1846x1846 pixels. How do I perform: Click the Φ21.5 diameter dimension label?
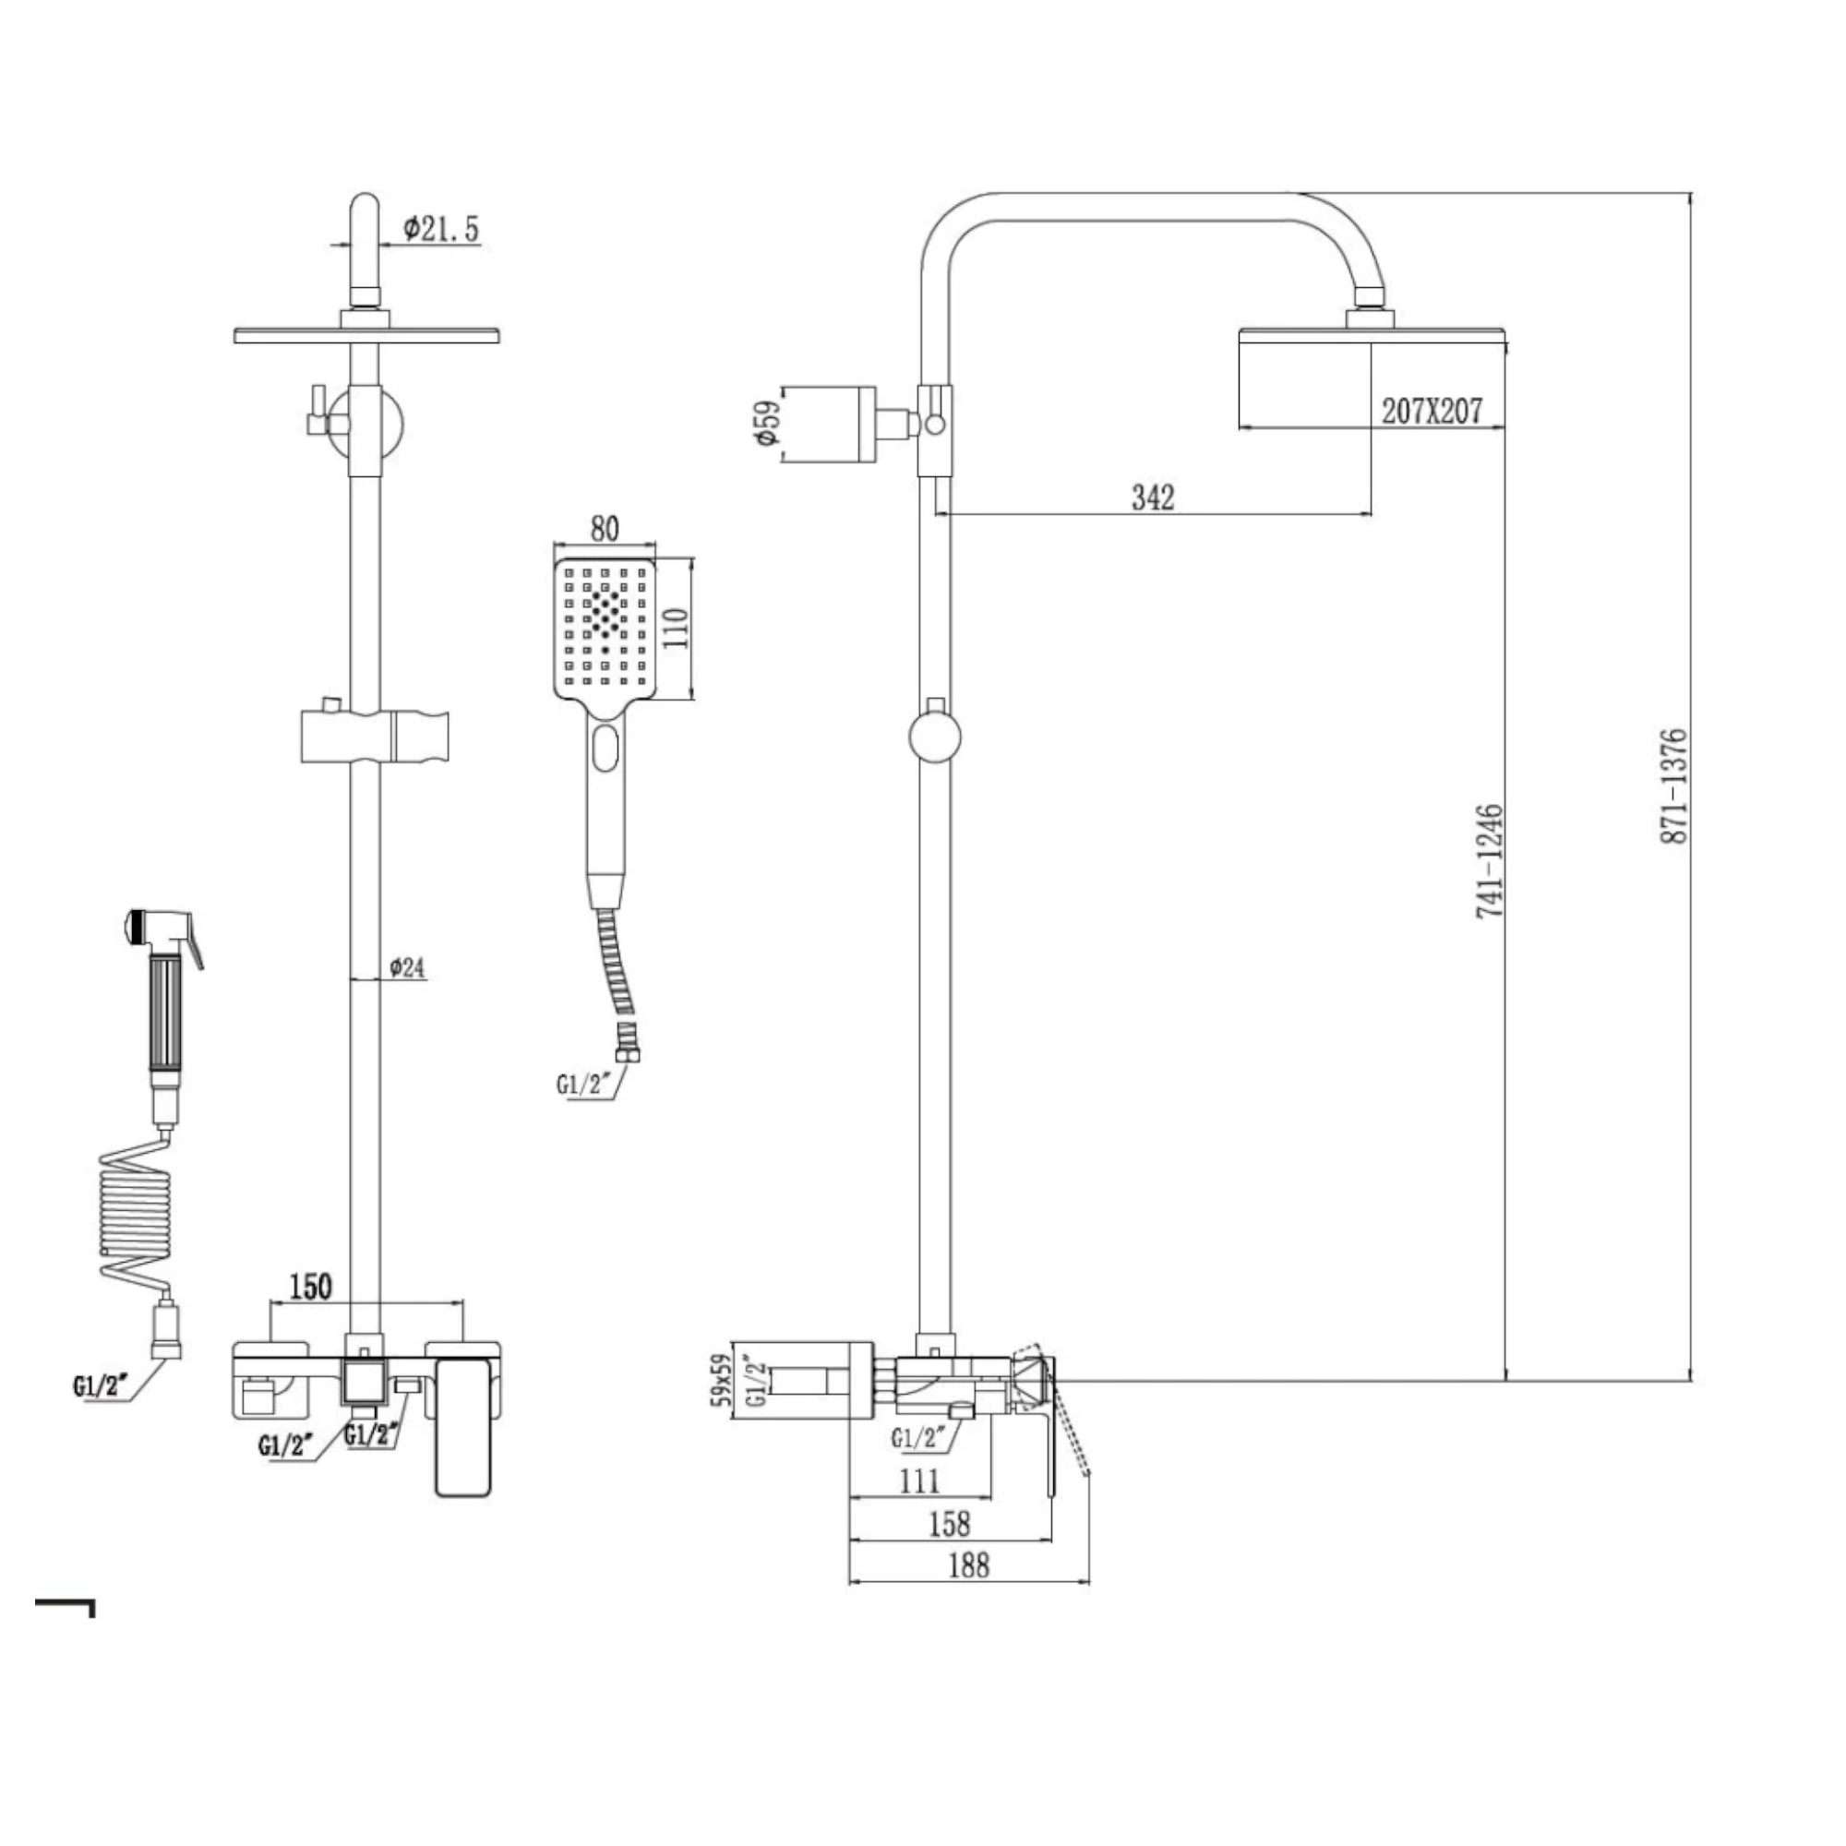[x=440, y=229]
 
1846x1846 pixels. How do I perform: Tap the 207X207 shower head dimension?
[x=1432, y=411]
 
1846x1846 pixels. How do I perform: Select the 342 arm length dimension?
[x=1152, y=497]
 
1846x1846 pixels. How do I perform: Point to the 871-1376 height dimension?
[x=1674, y=785]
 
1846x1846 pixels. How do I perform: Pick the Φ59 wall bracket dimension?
[x=767, y=423]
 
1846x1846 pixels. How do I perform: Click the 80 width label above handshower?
[x=604, y=528]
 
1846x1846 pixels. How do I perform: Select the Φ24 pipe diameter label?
[x=407, y=968]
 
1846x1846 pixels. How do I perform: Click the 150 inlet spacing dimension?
[x=310, y=1286]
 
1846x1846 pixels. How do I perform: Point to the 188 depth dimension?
[x=968, y=1565]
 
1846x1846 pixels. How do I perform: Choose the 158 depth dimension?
[x=949, y=1523]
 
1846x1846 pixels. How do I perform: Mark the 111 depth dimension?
[x=919, y=1481]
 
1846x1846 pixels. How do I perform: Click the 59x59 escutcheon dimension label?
[x=723, y=1379]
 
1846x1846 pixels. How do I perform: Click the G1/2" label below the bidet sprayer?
[x=100, y=1386]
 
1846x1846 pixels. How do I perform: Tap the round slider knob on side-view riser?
[x=933, y=737]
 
